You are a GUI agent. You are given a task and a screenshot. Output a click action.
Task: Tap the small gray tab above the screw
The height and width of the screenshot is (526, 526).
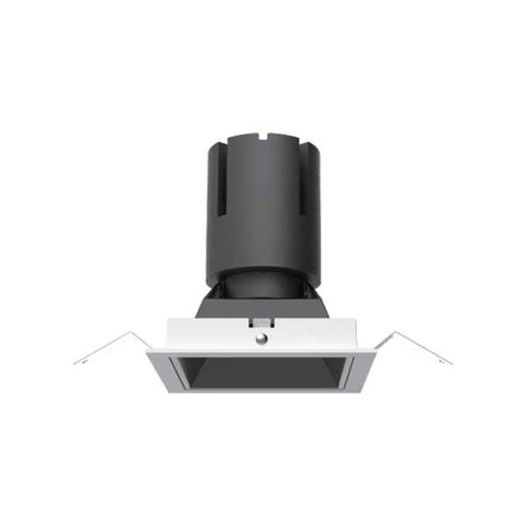point(261,322)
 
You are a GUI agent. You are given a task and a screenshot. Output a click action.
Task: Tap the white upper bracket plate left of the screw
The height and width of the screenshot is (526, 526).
point(210,333)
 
